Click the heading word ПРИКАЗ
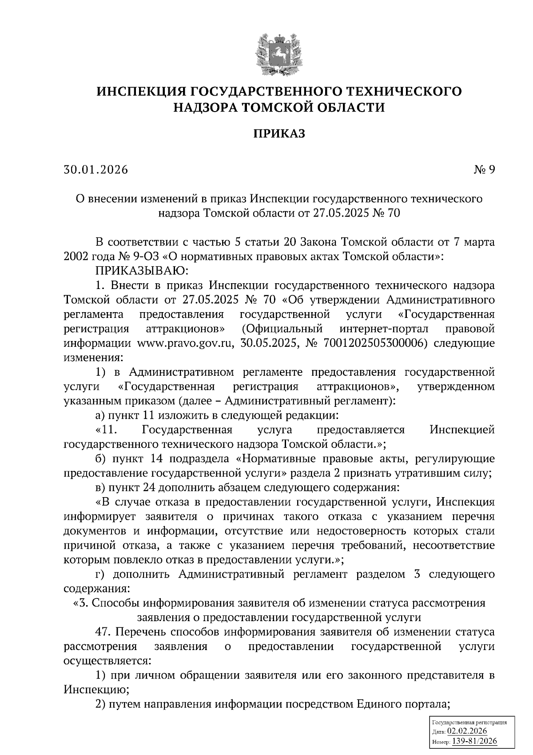(279, 134)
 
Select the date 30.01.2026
(95, 170)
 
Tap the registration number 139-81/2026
(474, 741)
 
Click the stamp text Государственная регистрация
(469, 723)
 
